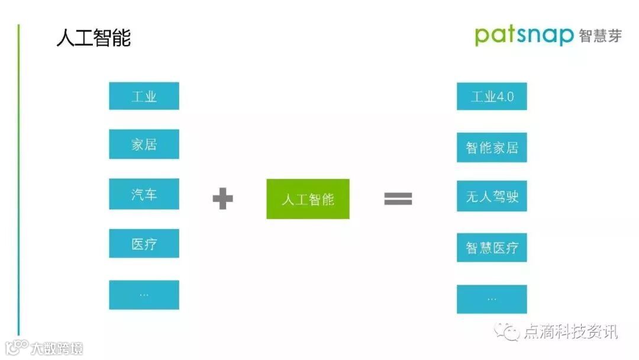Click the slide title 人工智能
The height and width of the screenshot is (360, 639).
point(93,38)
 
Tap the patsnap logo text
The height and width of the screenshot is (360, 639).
point(524,36)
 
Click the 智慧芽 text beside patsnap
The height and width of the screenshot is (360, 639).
point(600,36)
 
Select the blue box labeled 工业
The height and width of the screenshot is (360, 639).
point(144,96)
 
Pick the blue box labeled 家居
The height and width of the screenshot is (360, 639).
point(144,144)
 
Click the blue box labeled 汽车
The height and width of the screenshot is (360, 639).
point(144,194)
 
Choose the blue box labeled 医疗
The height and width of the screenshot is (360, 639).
point(144,243)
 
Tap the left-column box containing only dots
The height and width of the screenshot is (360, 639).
point(144,294)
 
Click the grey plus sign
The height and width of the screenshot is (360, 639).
point(222,199)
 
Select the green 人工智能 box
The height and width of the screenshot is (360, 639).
point(308,199)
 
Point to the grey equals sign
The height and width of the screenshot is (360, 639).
point(398,199)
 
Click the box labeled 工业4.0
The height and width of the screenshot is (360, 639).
point(492,97)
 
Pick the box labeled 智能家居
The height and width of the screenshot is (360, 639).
point(492,147)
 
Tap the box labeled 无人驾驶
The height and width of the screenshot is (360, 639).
point(492,197)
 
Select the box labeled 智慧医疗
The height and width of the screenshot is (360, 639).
point(492,247)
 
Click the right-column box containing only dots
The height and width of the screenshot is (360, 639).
point(492,299)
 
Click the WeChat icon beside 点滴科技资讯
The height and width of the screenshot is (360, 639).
point(508,332)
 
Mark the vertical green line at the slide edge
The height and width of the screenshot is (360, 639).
point(18,178)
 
